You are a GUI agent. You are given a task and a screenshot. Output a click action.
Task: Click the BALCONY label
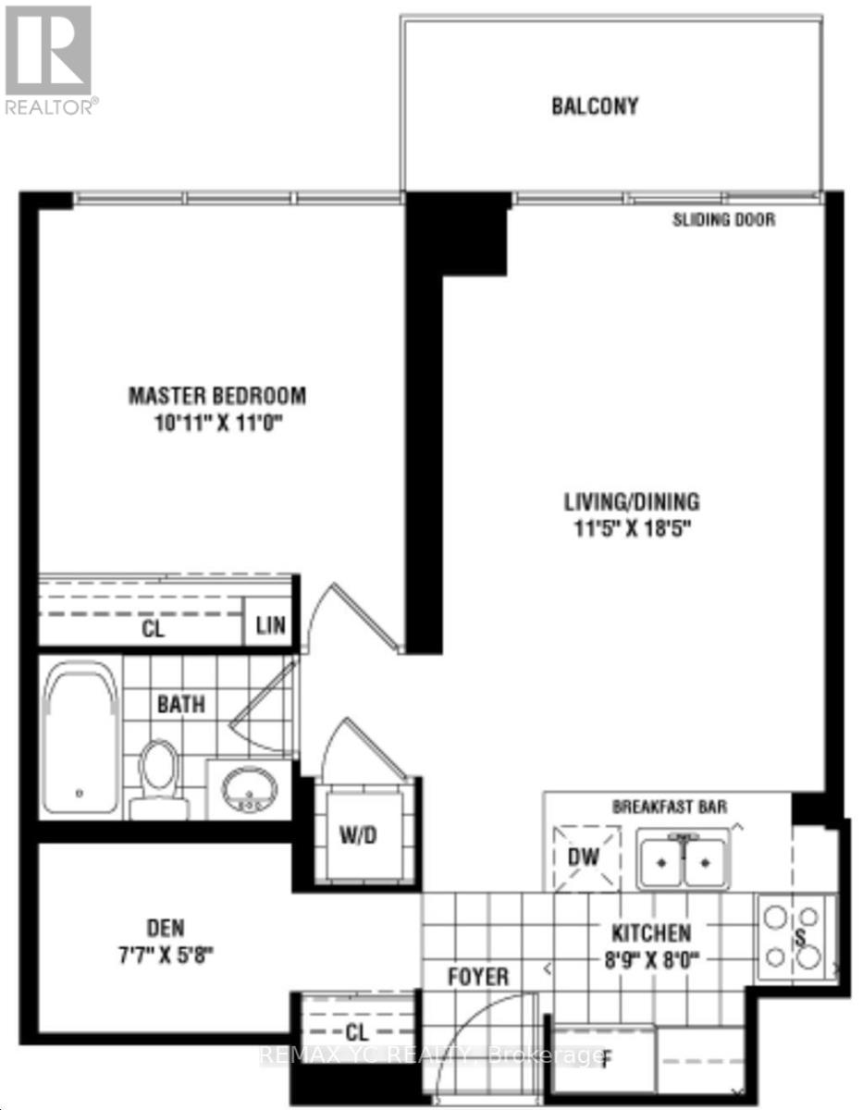pyautogui.click(x=595, y=105)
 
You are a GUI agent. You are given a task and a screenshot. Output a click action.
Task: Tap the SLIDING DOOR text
pyautogui.click(x=723, y=220)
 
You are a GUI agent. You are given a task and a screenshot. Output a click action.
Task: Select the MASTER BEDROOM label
pyautogui.click(x=216, y=396)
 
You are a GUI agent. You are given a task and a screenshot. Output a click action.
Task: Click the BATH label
pyautogui.click(x=180, y=704)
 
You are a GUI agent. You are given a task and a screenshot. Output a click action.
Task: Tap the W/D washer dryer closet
pyautogui.click(x=356, y=834)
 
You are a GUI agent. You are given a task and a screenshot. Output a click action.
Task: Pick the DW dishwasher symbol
pyautogui.click(x=585, y=857)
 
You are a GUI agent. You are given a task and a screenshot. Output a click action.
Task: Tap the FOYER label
pyautogui.click(x=478, y=977)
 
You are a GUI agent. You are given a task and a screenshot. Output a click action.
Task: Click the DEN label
pyautogui.click(x=166, y=927)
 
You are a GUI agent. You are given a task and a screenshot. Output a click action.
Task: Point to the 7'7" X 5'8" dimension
pyautogui.click(x=166, y=954)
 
